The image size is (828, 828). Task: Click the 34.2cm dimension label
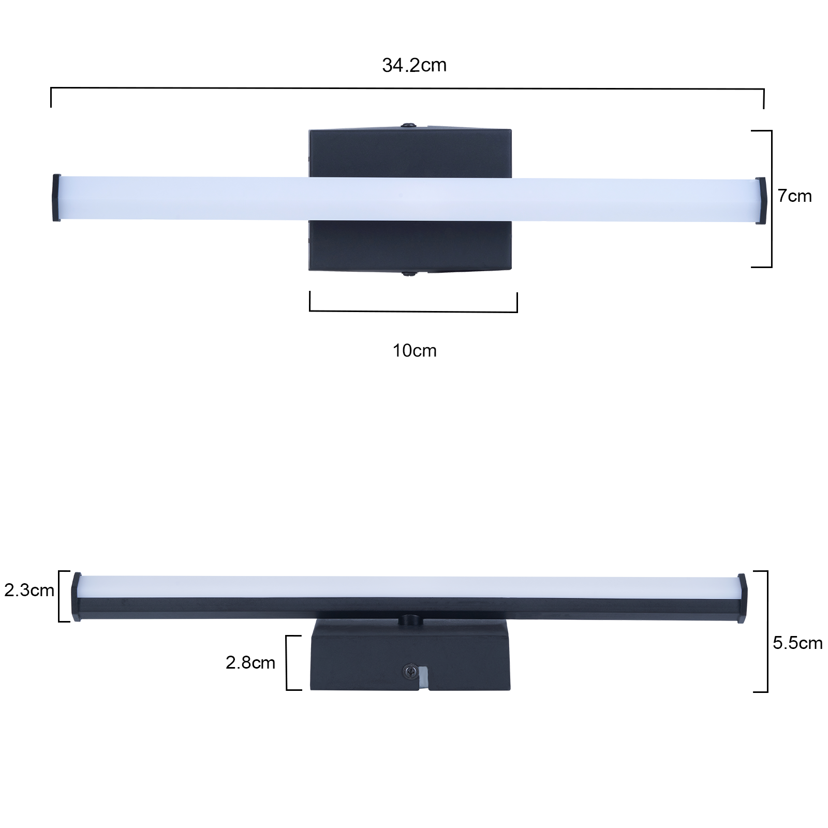click(414, 65)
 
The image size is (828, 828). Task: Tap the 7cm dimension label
click(795, 196)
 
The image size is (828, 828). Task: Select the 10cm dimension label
click(415, 351)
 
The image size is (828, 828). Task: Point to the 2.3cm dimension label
click(29, 590)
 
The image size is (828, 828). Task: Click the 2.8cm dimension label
click(250, 662)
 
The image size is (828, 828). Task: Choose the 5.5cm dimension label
click(797, 643)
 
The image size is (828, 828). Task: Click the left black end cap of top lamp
click(57, 198)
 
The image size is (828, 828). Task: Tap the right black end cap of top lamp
click(761, 201)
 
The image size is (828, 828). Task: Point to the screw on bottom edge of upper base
click(409, 273)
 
